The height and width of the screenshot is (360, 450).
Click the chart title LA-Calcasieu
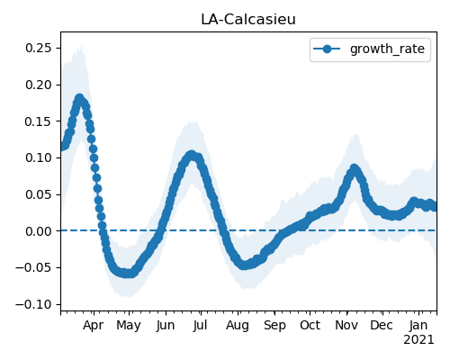coord(248,20)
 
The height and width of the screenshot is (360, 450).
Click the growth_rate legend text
coord(387,49)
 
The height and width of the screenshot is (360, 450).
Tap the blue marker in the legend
coord(327,49)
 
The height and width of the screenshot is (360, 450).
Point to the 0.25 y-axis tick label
coord(39,48)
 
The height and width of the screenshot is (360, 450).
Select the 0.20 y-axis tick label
coord(39,85)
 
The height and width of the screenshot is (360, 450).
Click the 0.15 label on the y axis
coord(39,121)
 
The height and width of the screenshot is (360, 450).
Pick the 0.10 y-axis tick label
coord(39,157)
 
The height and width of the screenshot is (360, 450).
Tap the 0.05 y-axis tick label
coord(39,194)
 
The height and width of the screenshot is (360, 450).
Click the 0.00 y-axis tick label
coord(39,231)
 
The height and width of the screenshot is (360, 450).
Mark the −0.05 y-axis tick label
coord(33,267)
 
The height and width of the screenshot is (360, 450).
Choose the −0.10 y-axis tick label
coord(33,304)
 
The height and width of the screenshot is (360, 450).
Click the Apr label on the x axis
coord(94,326)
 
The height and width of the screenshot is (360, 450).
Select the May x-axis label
coord(129,326)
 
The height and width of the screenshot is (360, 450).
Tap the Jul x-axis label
coord(201,325)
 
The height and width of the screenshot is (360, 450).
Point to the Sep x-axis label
coord(274,326)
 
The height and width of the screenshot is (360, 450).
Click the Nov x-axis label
coord(346,325)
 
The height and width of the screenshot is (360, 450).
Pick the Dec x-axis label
coord(382,325)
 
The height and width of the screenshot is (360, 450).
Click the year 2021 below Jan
coord(418,340)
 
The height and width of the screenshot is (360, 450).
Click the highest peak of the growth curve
coord(79,98)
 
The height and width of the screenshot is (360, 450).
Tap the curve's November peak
coord(355,168)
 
